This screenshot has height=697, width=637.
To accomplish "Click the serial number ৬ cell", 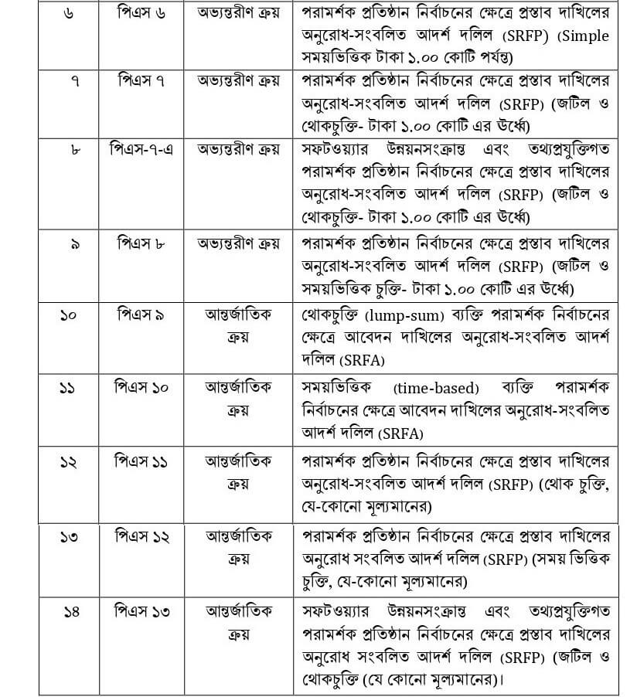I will pyautogui.click(x=69, y=14).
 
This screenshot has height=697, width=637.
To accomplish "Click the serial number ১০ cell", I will pyautogui.click(x=69, y=315).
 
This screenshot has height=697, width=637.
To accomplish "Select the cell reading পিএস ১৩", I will pyautogui.click(x=141, y=611).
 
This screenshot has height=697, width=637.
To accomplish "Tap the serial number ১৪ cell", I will pyautogui.click(x=69, y=611).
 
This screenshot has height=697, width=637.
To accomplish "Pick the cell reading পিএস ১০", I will pyautogui.click(x=141, y=388).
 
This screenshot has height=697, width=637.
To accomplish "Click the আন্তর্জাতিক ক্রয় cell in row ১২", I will pyautogui.click(x=238, y=472).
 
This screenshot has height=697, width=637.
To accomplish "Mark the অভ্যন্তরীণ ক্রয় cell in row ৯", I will pyautogui.click(x=238, y=243).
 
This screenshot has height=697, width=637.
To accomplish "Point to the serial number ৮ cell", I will pyautogui.click(x=69, y=148).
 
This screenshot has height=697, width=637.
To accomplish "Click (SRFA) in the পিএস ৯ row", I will pyautogui.click(x=362, y=359).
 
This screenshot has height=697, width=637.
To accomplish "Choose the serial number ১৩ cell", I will pyautogui.click(x=69, y=536).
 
